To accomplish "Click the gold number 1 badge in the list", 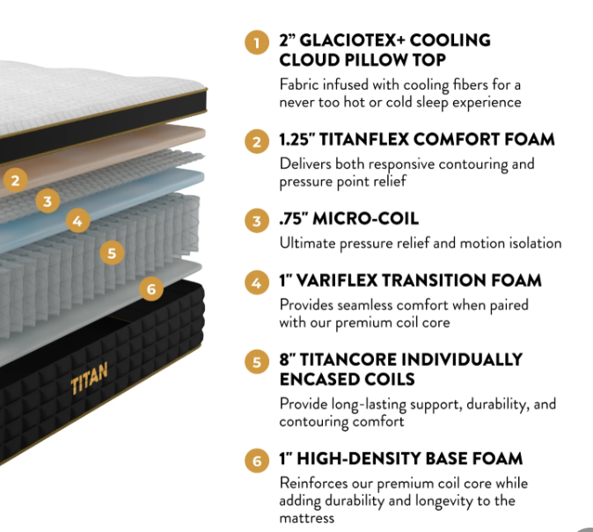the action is coord(257,43).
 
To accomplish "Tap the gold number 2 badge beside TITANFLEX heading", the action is coord(257,142).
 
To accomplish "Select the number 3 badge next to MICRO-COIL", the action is coord(257,221).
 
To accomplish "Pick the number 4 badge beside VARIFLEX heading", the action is coord(257,283).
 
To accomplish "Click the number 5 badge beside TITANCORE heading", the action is coord(257,362).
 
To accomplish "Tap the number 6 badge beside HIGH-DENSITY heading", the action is coord(257,461).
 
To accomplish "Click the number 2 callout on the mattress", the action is coord(15,180).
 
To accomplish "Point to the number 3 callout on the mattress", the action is coord(48,200).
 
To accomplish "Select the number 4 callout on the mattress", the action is coord(78,221).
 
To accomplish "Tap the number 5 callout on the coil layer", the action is coord(112,253).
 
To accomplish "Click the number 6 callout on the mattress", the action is coord(151,289).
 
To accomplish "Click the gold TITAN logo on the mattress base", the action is coord(90,378).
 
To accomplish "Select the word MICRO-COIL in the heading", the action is coord(366,219).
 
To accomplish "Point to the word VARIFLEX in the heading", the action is coord(337,281).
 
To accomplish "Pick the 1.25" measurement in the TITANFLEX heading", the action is coord(296,140).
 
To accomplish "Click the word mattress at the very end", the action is coord(307,518).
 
